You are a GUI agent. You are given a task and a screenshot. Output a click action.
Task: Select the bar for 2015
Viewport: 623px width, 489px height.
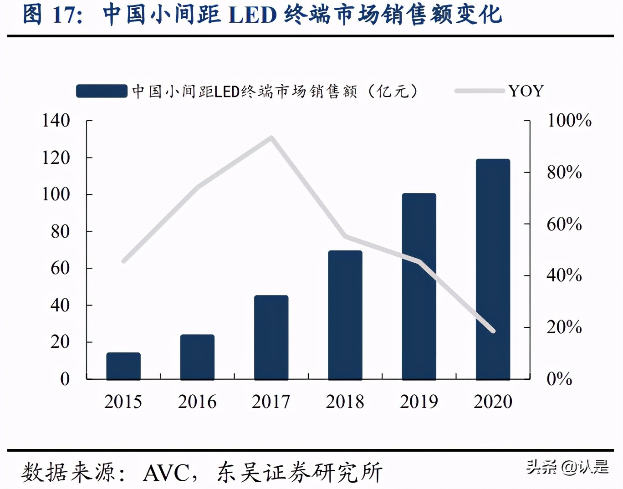tap(123, 366)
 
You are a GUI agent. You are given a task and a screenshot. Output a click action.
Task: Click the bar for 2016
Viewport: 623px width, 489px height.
tap(197, 357)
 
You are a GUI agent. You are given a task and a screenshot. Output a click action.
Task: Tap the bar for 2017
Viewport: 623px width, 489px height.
tap(271, 337)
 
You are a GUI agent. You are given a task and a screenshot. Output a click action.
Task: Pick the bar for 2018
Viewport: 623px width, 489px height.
tap(345, 315)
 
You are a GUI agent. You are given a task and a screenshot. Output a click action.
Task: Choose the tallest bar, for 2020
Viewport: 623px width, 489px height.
tap(493, 269)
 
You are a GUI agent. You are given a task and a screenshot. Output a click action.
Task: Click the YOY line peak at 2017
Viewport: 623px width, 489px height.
tap(271, 138)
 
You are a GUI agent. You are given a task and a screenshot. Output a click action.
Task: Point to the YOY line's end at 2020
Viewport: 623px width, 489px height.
tap(493, 331)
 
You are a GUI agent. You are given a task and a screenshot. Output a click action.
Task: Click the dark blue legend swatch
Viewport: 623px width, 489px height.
tap(102, 91)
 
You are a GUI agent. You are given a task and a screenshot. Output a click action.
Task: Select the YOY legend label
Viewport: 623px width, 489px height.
tap(526, 91)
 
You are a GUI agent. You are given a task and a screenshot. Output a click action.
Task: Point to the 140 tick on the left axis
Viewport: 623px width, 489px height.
tap(56, 121)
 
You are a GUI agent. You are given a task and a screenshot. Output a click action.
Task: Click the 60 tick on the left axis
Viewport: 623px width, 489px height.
tap(60, 268)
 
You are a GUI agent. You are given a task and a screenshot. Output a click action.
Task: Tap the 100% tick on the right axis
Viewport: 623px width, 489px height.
tap(569, 121)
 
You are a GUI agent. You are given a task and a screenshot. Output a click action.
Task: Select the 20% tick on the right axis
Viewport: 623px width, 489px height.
tap(564, 327)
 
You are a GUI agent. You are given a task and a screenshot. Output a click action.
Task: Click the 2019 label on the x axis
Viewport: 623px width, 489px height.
tap(419, 402)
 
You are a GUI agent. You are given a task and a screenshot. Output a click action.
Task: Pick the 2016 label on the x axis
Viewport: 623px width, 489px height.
tap(197, 402)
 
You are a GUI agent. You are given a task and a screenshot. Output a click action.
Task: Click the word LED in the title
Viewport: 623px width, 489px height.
tap(253, 15)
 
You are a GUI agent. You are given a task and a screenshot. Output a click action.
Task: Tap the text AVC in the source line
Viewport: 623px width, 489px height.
tap(166, 473)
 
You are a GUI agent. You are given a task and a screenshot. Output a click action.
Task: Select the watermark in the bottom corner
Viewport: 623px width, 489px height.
tap(567, 467)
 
